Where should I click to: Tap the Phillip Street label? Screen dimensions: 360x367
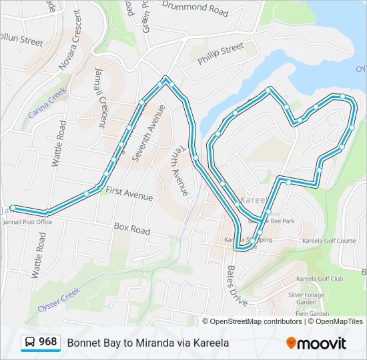click(x=221, y=53)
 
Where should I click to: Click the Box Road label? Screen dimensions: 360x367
click(x=131, y=229)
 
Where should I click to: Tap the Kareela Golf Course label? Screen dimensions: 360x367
click(x=328, y=241)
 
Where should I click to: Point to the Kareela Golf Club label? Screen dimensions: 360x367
click(x=319, y=279)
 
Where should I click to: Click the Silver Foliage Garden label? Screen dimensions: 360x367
click(x=306, y=298)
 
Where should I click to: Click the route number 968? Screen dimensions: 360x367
click(x=47, y=342)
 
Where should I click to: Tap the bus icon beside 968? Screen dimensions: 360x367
click(x=30, y=343)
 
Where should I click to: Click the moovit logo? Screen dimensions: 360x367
click(x=316, y=343)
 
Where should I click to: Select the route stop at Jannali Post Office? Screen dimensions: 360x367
click(x=13, y=207)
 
